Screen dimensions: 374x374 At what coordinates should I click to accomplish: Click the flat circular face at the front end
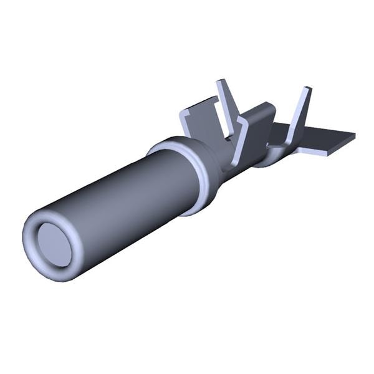point(52,242)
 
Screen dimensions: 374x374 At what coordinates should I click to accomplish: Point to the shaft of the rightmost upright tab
point(300,112)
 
